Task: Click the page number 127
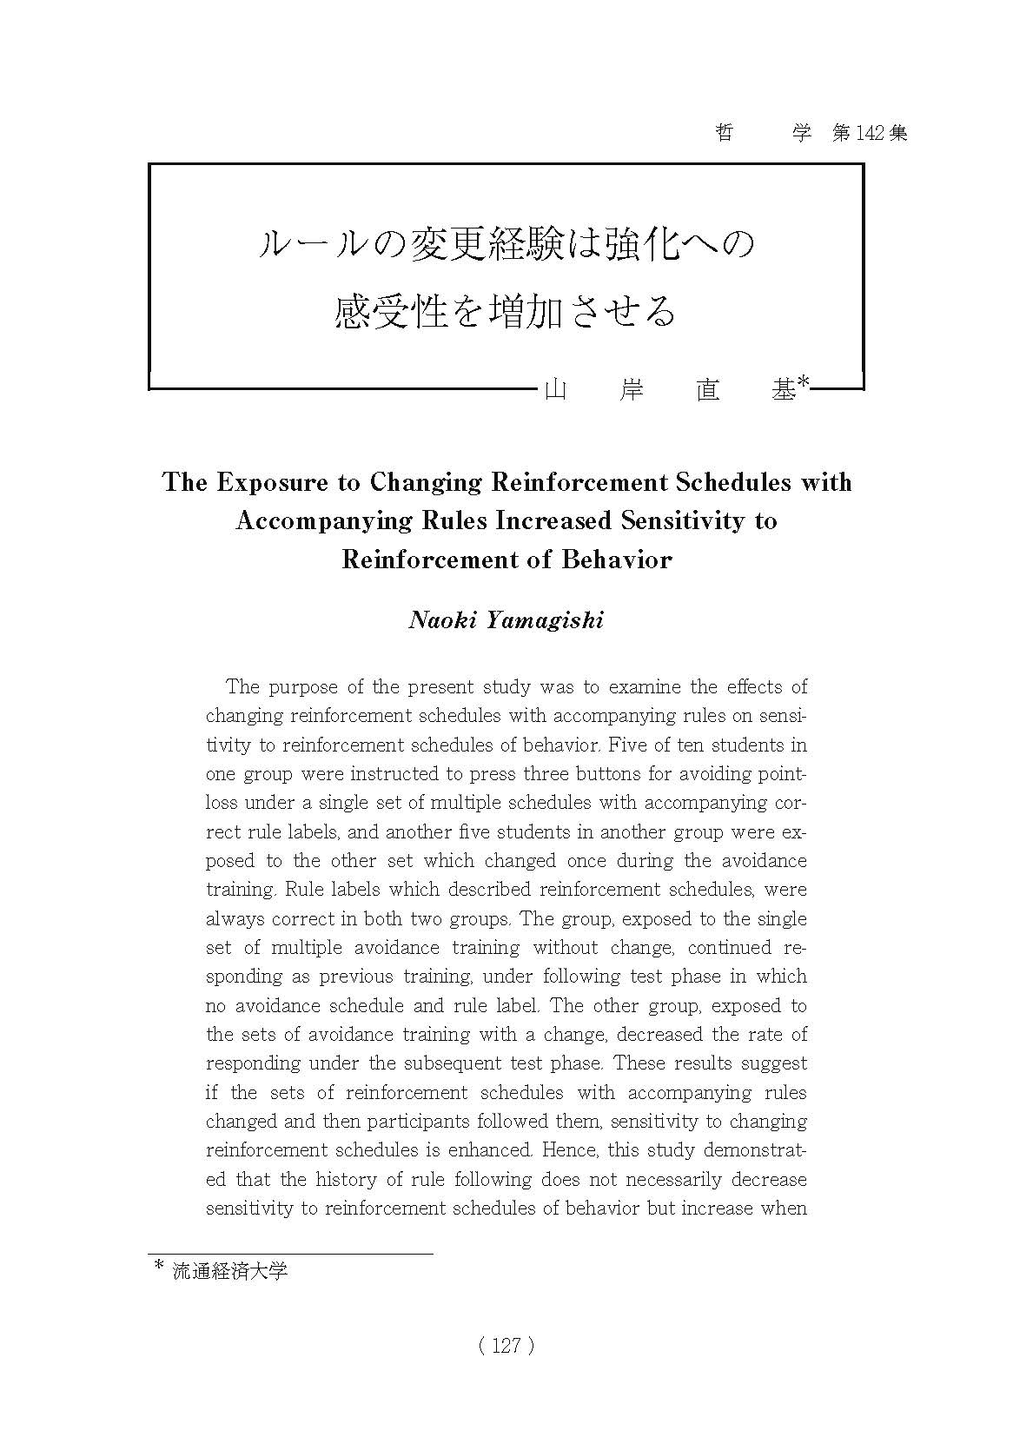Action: pyautogui.click(x=506, y=1346)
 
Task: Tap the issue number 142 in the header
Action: pyautogui.click(x=870, y=133)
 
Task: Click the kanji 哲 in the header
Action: pyautogui.click(x=724, y=133)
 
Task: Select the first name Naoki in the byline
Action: pyautogui.click(x=442, y=620)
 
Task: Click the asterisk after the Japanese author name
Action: pyautogui.click(x=804, y=382)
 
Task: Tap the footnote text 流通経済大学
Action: pyautogui.click(x=229, y=1272)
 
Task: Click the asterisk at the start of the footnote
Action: pyautogui.click(x=158, y=1268)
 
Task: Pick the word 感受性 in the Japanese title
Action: pyautogui.click(x=390, y=311)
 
